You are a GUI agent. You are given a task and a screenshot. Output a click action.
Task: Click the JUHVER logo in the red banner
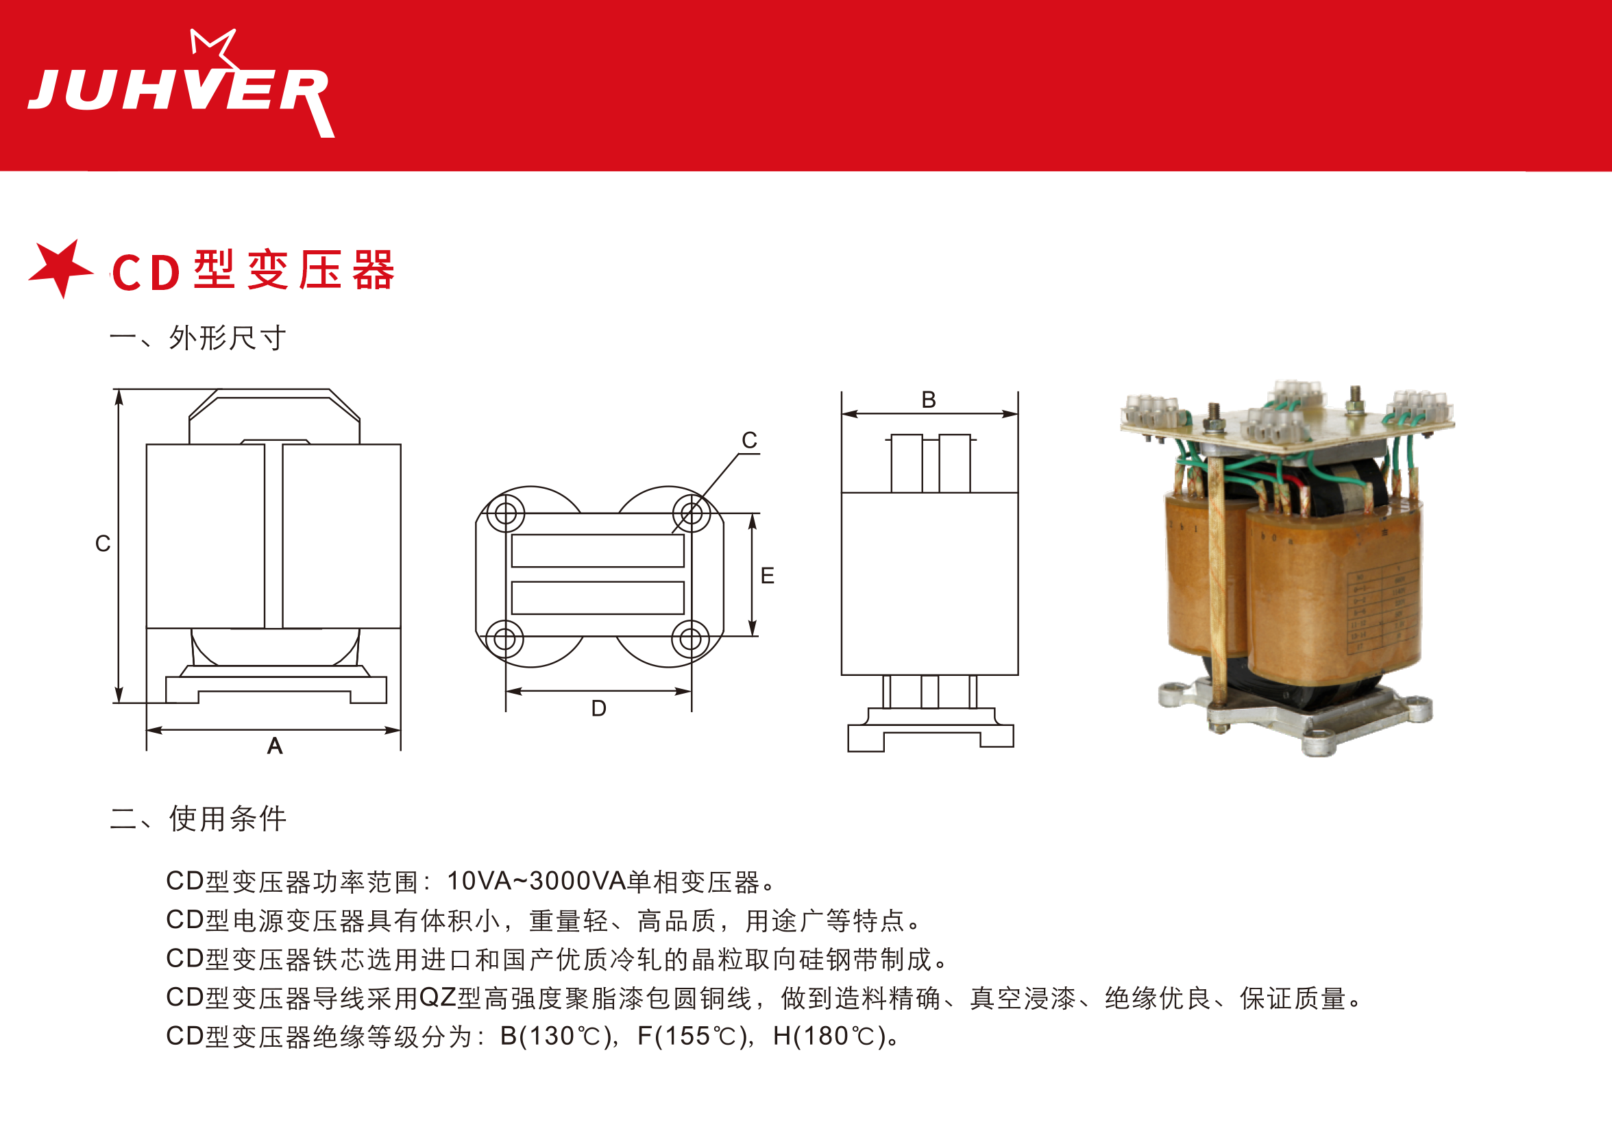(x=181, y=84)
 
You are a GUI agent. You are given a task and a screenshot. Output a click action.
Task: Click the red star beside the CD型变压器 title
(x=62, y=269)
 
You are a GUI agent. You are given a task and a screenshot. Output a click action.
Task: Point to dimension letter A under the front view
(x=276, y=746)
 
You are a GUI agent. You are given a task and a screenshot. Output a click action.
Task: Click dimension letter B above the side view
(x=929, y=400)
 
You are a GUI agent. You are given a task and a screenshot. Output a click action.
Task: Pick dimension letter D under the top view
(x=598, y=708)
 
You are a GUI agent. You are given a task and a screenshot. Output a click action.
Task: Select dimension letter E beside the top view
(x=768, y=576)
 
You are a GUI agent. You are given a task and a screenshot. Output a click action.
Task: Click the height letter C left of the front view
(x=103, y=544)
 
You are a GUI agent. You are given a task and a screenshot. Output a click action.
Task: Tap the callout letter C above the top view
(x=750, y=440)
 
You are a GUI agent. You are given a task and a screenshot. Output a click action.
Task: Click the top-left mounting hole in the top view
(x=506, y=513)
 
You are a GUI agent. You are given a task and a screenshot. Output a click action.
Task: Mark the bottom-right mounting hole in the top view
(x=691, y=639)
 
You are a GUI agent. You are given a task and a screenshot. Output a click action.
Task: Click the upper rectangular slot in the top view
(x=598, y=550)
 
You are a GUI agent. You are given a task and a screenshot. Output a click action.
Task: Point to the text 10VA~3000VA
(x=536, y=881)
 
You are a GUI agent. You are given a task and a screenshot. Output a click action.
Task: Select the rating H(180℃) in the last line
(x=829, y=1036)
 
